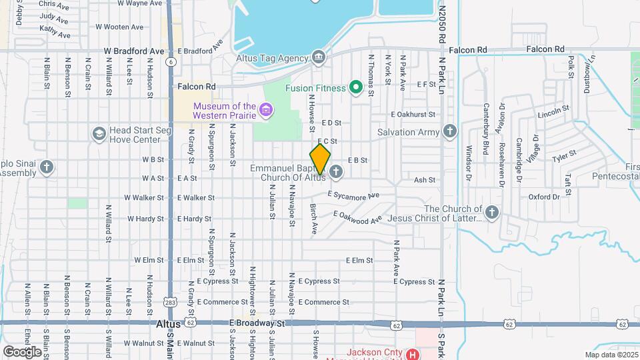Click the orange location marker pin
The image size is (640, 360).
321,159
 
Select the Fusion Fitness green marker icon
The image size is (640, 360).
356,87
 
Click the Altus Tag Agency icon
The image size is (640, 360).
319,57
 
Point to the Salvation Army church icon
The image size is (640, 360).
450,131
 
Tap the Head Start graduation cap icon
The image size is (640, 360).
99,134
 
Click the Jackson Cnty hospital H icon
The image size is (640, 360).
413,354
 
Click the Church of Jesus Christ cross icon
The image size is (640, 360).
492,213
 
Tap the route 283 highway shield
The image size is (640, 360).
171,301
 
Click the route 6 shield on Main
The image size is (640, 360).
171,61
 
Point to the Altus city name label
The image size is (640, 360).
167,323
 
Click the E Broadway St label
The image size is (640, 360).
257,323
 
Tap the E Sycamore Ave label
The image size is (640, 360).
353,195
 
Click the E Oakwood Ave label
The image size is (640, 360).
358,217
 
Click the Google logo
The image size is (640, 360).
22,351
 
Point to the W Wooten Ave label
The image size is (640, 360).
119,27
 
